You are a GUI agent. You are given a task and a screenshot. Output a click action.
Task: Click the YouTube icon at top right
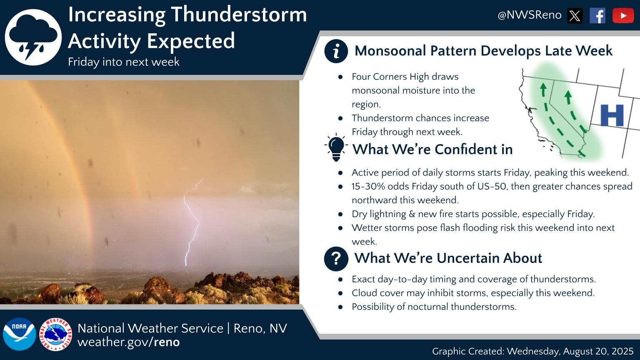pyautogui.click(x=623, y=16)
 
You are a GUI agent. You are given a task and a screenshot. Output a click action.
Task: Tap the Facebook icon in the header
pyautogui.click(x=597, y=16)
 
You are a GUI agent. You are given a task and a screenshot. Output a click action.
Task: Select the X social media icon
pyautogui.click(x=575, y=16)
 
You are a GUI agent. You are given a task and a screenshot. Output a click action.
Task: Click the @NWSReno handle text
pyautogui.click(x=529, y=15)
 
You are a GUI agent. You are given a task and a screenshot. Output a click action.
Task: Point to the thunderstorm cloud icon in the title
pyautogui.click(x=33, y=37)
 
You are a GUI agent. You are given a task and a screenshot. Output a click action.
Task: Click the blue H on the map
pyautogui.click(x=612, y=115)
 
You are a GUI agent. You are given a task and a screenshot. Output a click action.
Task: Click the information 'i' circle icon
pyautogui.click(x=336, y=51)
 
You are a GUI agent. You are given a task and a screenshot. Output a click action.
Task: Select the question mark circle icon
pyautogui.click(x=336, y=258)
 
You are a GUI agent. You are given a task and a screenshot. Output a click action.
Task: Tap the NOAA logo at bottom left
pyautogui.click(x=19, y=334)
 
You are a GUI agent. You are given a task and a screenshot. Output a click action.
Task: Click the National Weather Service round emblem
pyautogui.click(x=55, y=334)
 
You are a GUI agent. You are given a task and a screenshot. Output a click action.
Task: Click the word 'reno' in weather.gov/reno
pyautogui.click(x=167, y=342)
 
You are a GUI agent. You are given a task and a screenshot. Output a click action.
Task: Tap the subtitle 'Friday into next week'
pyautogui.click(x=123, y=62)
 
